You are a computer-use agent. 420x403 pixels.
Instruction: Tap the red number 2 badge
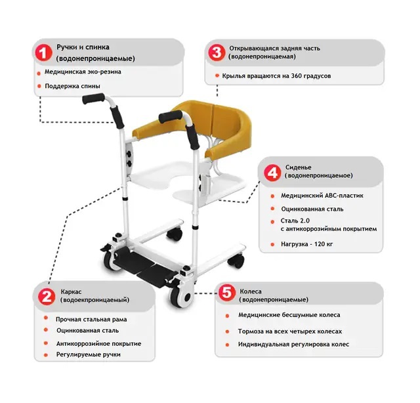point(47,297)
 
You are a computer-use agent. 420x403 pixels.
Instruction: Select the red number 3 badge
point(217,53)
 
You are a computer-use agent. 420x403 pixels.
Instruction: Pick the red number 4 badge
point(272,173)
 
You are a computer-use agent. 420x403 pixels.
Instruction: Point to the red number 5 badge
point(227,292)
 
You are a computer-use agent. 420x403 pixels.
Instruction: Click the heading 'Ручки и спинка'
point(83,47)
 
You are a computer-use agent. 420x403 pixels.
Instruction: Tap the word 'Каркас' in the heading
point(71,291)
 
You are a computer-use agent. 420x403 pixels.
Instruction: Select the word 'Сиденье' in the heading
point(298,167)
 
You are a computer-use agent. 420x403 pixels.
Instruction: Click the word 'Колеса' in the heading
point(251,291)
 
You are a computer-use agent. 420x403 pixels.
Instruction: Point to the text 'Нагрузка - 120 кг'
point(306,244)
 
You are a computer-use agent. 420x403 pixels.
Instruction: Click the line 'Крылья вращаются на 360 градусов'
point(276,76)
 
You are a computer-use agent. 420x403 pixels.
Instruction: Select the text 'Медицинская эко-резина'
point(83,72)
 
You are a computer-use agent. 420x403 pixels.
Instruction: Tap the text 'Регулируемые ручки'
point(88,354)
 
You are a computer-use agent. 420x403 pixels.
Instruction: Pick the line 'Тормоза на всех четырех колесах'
point(290,331)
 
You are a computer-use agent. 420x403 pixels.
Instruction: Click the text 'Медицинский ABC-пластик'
point(322,196)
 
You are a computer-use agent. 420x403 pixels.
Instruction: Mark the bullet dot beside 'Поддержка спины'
point(39,86)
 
